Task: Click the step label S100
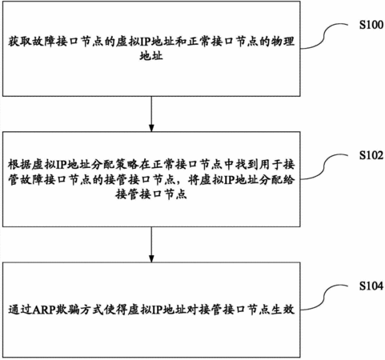pos(371,25)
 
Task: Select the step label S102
pos(371,155)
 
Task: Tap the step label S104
pos(371,286)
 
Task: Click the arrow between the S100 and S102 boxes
pos(151,114)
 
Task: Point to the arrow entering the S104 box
pos(151,245)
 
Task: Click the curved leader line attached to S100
pos(324,37)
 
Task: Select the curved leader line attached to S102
pos(324,167)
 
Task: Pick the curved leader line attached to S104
pos(324,298)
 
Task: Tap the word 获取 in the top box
pos(20,42)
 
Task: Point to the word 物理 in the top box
pos(283,42)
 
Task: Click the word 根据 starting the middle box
pos(20,165)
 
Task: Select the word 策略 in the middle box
pos(127,165)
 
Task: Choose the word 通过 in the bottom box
pos(20,310)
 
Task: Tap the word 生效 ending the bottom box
pos(283,310)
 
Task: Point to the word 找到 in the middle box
pos(247,165)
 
